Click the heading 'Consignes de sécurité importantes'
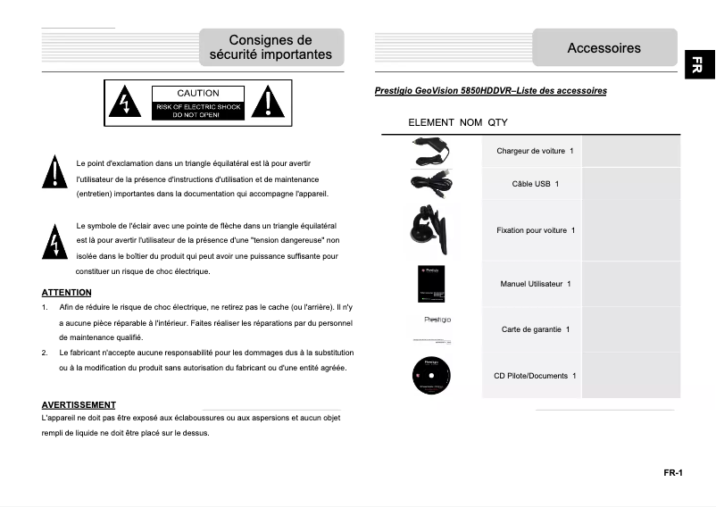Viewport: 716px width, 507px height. click(x=271, y=47)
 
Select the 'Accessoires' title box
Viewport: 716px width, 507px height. click(x=604, y=48)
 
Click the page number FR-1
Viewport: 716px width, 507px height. click(x=672, y=473)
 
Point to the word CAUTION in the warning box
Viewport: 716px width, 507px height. click(x=197, y=93)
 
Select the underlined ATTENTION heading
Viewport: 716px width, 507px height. click(x=66, y=292)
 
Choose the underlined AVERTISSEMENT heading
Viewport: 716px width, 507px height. click(x=79, y=405)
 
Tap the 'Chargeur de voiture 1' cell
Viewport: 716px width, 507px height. click(x=535, y=151)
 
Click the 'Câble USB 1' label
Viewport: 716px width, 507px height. click(x=535, y=184)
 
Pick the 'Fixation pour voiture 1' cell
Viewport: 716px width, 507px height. click(x=535, y=230)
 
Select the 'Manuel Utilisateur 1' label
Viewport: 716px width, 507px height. click(x=535, y=284)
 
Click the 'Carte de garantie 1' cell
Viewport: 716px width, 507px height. click(x=535, y=329)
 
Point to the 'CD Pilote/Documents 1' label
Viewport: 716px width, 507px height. click(x=535, y=376)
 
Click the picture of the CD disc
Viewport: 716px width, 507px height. click(x=431, y=376)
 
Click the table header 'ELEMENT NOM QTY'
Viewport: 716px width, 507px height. click(x=457, y=122)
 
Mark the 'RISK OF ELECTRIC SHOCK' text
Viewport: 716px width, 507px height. click(x=197, y=107)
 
